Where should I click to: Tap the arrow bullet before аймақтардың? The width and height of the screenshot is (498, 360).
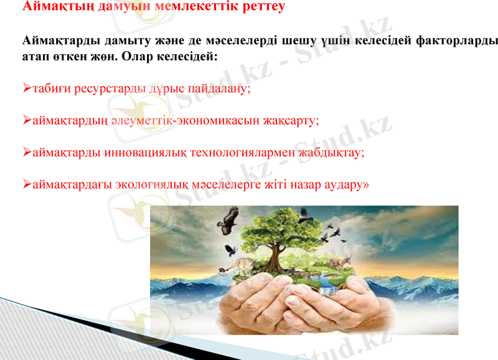point(26,118)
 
